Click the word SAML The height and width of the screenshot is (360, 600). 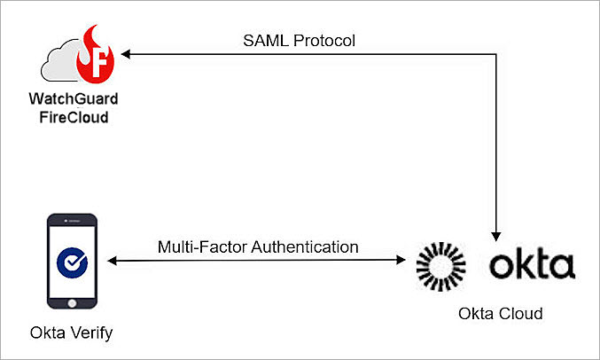[264, 42]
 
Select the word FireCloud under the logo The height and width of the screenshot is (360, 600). [74, 116]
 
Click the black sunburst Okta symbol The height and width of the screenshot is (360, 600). [441, 264]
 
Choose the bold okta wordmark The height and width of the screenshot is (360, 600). [532, 264]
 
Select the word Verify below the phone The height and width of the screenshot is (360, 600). [91, 334]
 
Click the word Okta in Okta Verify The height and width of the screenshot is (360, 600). [46, 334]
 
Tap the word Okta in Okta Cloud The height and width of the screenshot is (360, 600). [477, 314]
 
